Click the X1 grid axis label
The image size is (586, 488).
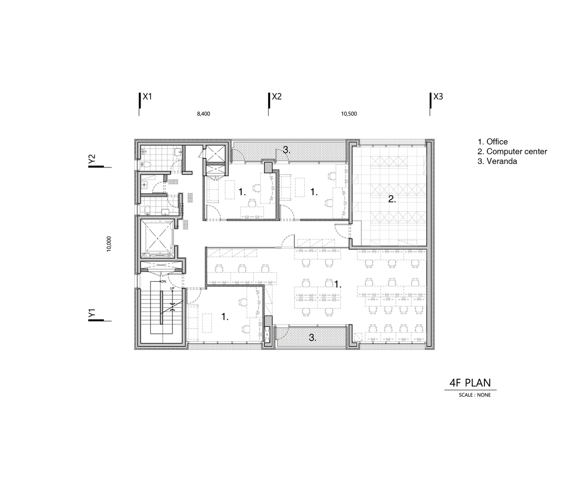click(147, 97)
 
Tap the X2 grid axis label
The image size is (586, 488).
click(276, 97)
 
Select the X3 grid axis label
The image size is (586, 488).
click(438, 97)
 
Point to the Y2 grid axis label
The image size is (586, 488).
click(92, 160)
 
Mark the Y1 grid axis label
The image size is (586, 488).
click(92, 314)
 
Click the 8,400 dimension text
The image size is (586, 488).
click(203, 114)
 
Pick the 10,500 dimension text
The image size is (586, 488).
click(349, 114)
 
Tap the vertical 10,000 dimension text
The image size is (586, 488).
click(109, 244)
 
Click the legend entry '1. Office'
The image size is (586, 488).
click(493, 142)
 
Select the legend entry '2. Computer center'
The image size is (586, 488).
click(512, 151)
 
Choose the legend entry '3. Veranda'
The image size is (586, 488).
click(497, 161)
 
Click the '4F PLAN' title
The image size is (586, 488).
click(470, 383)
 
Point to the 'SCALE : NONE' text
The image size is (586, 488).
click(475, 395)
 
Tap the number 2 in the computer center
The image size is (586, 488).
click(392, 199)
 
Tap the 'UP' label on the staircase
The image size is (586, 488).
click(172, 288)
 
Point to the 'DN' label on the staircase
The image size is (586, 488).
click(164, 282)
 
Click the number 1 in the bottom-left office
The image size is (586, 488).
click(225, 317)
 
